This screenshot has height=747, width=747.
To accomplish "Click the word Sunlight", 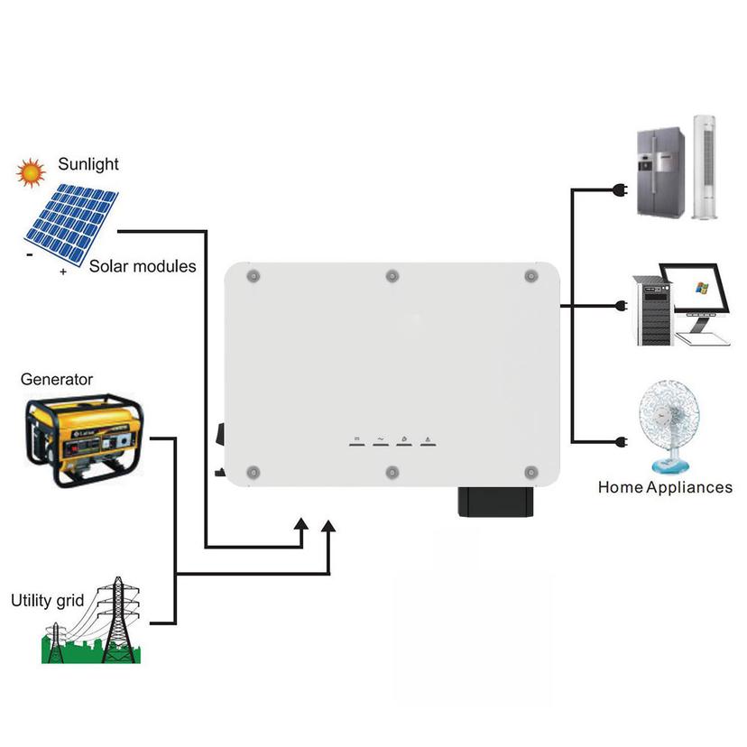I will pos(88,164).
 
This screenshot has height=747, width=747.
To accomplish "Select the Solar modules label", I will pos(143,266).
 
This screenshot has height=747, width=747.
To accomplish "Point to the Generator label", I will pos(57,380).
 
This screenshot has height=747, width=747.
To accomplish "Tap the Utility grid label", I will pos(47,600).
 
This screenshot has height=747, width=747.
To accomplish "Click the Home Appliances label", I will pos(665,487).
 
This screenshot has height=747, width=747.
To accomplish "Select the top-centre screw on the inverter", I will pos(392,275).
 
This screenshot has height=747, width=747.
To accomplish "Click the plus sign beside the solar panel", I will pos(63,272).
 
